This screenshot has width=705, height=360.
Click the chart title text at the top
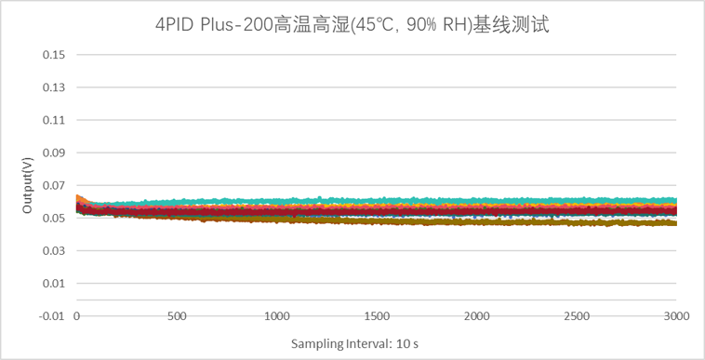(352, 25)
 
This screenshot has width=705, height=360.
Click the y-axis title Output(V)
(28, 185)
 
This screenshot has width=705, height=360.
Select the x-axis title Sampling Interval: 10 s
(354, 344)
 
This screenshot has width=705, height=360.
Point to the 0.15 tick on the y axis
(54, 55)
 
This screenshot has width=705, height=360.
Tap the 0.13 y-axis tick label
(54, 87)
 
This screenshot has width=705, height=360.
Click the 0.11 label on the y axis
(54, 120)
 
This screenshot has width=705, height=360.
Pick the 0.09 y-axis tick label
(54, 153)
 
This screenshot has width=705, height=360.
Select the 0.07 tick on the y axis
(54, 185)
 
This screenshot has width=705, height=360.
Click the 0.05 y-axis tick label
(54, 218)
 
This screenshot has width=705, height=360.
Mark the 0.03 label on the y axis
(54, 250)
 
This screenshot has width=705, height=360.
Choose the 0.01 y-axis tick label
(54, 284)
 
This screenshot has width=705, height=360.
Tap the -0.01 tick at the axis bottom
(52, 316)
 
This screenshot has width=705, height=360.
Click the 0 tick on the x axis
(77, 317)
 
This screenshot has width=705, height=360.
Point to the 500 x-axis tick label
(177, 317)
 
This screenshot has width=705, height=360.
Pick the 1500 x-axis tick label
(377, 317)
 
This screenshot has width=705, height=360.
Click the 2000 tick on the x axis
(476, 317)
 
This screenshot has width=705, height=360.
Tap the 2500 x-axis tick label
(577, 317)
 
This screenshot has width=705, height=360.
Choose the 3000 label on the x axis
(675, 317)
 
